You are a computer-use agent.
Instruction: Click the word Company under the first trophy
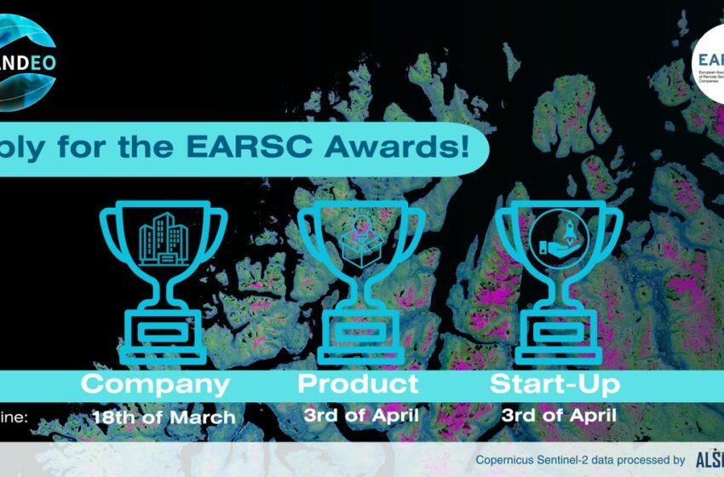coord(155,384)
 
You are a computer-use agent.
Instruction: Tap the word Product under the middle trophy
coord(358,384)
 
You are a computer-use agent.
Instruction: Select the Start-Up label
coord(554,384)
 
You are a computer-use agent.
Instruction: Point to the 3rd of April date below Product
coord(360,417)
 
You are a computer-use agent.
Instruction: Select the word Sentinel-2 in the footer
coord(573,460)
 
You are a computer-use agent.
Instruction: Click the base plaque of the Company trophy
coord(162,329)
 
